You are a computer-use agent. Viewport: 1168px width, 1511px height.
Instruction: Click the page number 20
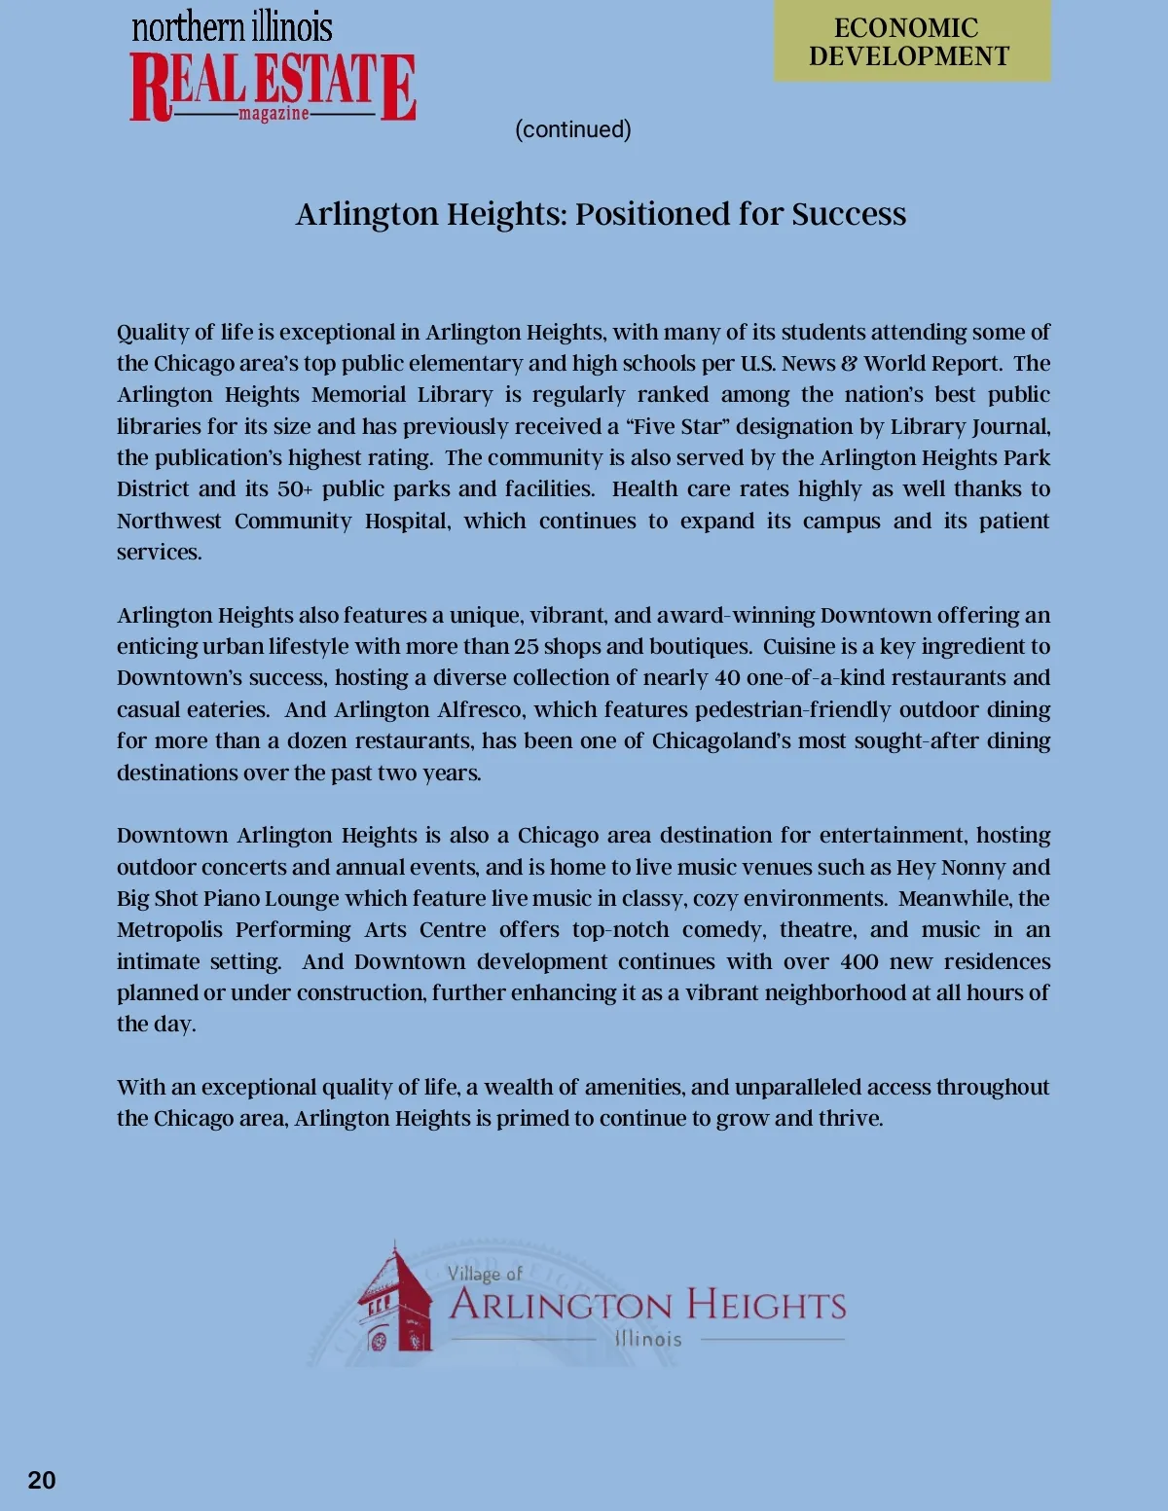[x=42, y=1480]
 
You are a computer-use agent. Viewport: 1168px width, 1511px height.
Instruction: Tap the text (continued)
[x=573, y=129]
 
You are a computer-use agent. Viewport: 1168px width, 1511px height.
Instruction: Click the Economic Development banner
[x=911, y=42]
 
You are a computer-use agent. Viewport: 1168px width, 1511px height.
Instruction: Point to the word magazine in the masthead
[x=274, y=114]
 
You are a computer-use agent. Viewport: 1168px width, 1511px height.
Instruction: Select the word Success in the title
[x=849, y=214]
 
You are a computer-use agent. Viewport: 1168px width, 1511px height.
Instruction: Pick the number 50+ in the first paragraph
[x=295, y=489]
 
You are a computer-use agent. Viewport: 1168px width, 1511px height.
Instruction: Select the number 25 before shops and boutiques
[x=526, y=647]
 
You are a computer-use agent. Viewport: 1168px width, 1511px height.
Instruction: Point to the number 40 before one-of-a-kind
[x=728, y=678]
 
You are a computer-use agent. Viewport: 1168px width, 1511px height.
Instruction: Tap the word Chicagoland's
[x=721, y=741]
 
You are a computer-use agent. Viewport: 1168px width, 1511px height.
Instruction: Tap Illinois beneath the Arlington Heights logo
[x=648, y=1339]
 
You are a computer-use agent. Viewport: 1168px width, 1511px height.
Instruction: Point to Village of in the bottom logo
[x=485, y=1274]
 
